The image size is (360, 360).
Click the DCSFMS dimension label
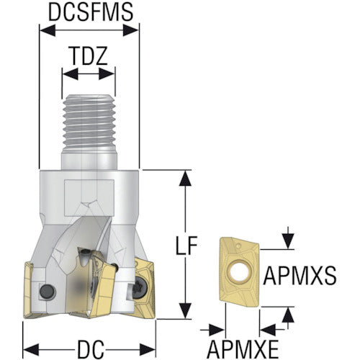pos(91,12)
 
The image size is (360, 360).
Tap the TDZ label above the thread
pos(89,56)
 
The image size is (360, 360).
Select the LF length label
pos(186,246)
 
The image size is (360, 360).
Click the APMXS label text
pos(300,276)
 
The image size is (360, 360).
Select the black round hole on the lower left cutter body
pos(48,291)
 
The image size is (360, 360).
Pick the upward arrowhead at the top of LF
pos(185,178)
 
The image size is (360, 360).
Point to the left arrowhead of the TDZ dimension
pos(71,73)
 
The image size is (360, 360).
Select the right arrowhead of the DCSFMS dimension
pos(131,30)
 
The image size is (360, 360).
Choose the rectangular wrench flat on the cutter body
pos(89,197)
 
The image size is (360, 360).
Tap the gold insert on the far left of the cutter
pos(28,290)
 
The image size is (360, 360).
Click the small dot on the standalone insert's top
pos(238,246)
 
